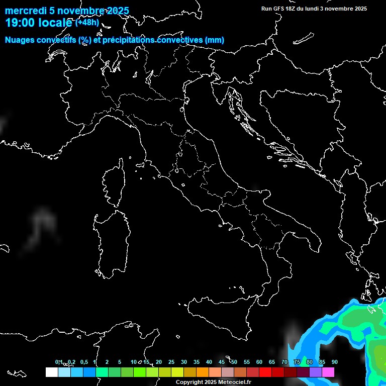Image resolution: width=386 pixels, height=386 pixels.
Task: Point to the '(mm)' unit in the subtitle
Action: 214,40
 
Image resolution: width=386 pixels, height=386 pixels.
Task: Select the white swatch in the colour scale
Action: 51,372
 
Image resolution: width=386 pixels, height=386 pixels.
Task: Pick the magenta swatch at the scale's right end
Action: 328,372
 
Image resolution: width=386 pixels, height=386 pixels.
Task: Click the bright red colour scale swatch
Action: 265,372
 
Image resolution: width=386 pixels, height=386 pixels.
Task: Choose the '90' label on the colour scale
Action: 335,362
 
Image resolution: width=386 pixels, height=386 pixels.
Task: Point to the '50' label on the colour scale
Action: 234,362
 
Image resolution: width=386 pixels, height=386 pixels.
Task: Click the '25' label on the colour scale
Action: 171,362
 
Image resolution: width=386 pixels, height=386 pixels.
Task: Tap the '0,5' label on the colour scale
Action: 84,362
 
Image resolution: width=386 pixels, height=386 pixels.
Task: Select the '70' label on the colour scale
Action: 284,362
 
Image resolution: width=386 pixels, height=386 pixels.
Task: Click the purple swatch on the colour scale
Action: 316,372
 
